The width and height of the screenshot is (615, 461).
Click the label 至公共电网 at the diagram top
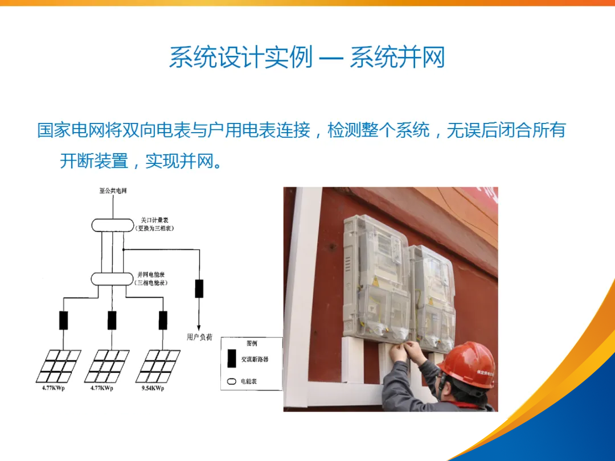click(113, 191)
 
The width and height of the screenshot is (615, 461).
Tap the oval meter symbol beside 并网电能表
click(112, 279)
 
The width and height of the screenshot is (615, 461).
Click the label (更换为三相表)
click(154, 228)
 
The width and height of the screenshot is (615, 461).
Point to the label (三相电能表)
click(151, 283)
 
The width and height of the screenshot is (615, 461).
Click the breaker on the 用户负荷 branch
click(199, 289)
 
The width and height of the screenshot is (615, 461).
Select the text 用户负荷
click(199, 337)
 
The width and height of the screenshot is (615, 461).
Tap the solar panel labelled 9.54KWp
click(158, 366)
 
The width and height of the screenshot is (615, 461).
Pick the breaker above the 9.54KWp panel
click(163, 320)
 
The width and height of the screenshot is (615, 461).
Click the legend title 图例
click(251, 343)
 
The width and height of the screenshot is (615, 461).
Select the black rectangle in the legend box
click(232, 359)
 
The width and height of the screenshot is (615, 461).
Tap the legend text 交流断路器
click(254, 359)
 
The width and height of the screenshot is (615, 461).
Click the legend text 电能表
click(248, 381)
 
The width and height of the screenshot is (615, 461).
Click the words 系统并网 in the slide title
click(397, 58)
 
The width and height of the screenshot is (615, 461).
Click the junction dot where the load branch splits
click(123, 249)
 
